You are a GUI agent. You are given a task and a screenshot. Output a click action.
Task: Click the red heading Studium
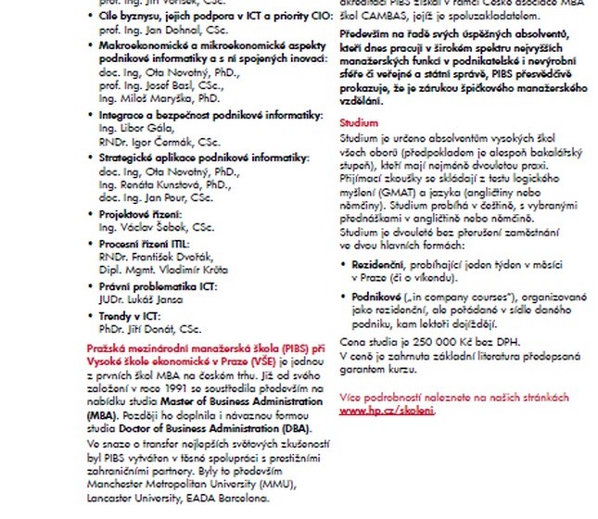click(358, 123)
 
